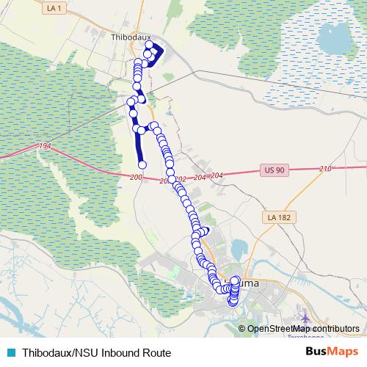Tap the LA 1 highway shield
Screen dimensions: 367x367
[x=51, y=7]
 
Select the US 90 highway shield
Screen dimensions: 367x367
[x=271, y=170]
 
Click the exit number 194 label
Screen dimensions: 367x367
[x=45, y=147]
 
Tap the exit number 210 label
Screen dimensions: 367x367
[x=326, y=168]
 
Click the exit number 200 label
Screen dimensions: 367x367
[x=135, y=178]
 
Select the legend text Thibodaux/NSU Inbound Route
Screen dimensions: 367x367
[x=96, y=352]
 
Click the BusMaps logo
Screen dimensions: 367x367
[x=333, y=352]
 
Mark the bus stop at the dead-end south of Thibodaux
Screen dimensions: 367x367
[x=142, y=164]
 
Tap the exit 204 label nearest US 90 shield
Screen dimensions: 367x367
[x=215, y=175]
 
